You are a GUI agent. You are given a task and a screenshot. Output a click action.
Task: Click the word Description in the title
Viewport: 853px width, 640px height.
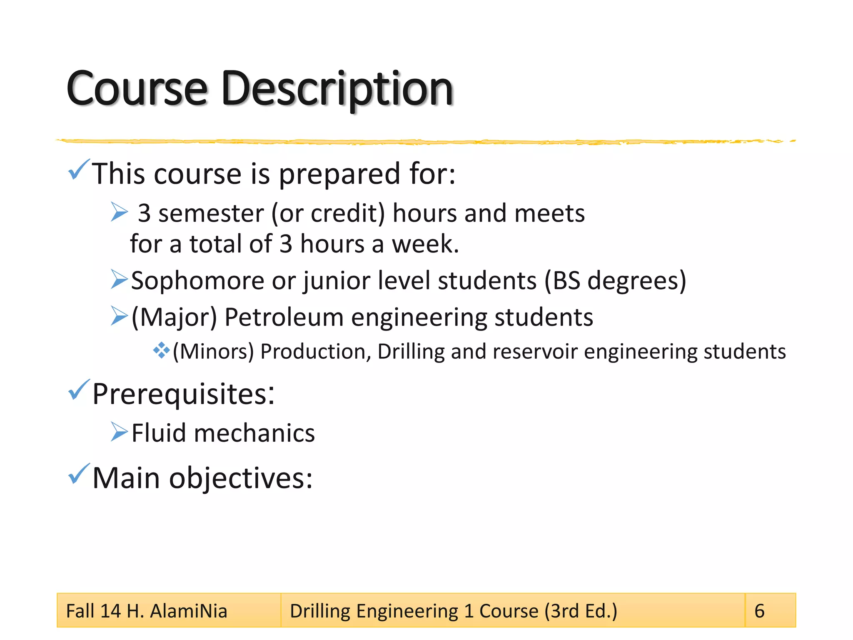click(x=337, y=90)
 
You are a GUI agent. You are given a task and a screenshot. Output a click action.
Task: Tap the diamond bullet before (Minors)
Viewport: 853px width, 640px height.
click(x=161, y=350)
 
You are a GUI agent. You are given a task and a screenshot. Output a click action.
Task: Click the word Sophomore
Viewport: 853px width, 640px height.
click(x=198, y=281)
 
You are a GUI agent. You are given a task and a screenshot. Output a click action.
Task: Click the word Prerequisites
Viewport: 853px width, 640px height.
click(x=183, y=394)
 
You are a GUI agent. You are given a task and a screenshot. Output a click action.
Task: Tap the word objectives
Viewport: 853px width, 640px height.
click(x=240, y=478)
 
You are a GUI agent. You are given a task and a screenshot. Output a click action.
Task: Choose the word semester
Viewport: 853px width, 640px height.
click(x=211, y=214)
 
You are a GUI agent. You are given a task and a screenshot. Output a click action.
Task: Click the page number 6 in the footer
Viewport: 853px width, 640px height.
click(x=759, y=611)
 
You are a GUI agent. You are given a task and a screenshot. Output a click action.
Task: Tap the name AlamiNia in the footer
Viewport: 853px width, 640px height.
click(x=188, y=611)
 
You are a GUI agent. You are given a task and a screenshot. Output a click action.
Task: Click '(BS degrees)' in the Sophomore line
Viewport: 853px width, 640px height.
click(x=615, y=281)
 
